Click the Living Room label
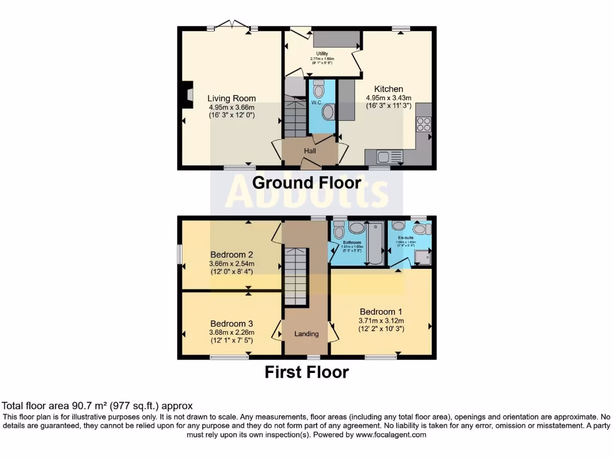coord(232,99)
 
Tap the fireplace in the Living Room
coord(187,96)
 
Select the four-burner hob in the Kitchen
coord(423,124)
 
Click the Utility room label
coord(322,54)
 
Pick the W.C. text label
coord(317,102)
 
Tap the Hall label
coord(310,151)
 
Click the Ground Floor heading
coord(306,182)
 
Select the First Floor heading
coord(306,372)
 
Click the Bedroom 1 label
coord(381,311)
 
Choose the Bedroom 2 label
coord(231,254)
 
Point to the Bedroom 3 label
coord(231,323)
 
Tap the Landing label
coord(306,334)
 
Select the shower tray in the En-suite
coord(423,257)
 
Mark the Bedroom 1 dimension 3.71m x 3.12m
coord(381,320)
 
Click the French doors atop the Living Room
coord(232,25)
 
